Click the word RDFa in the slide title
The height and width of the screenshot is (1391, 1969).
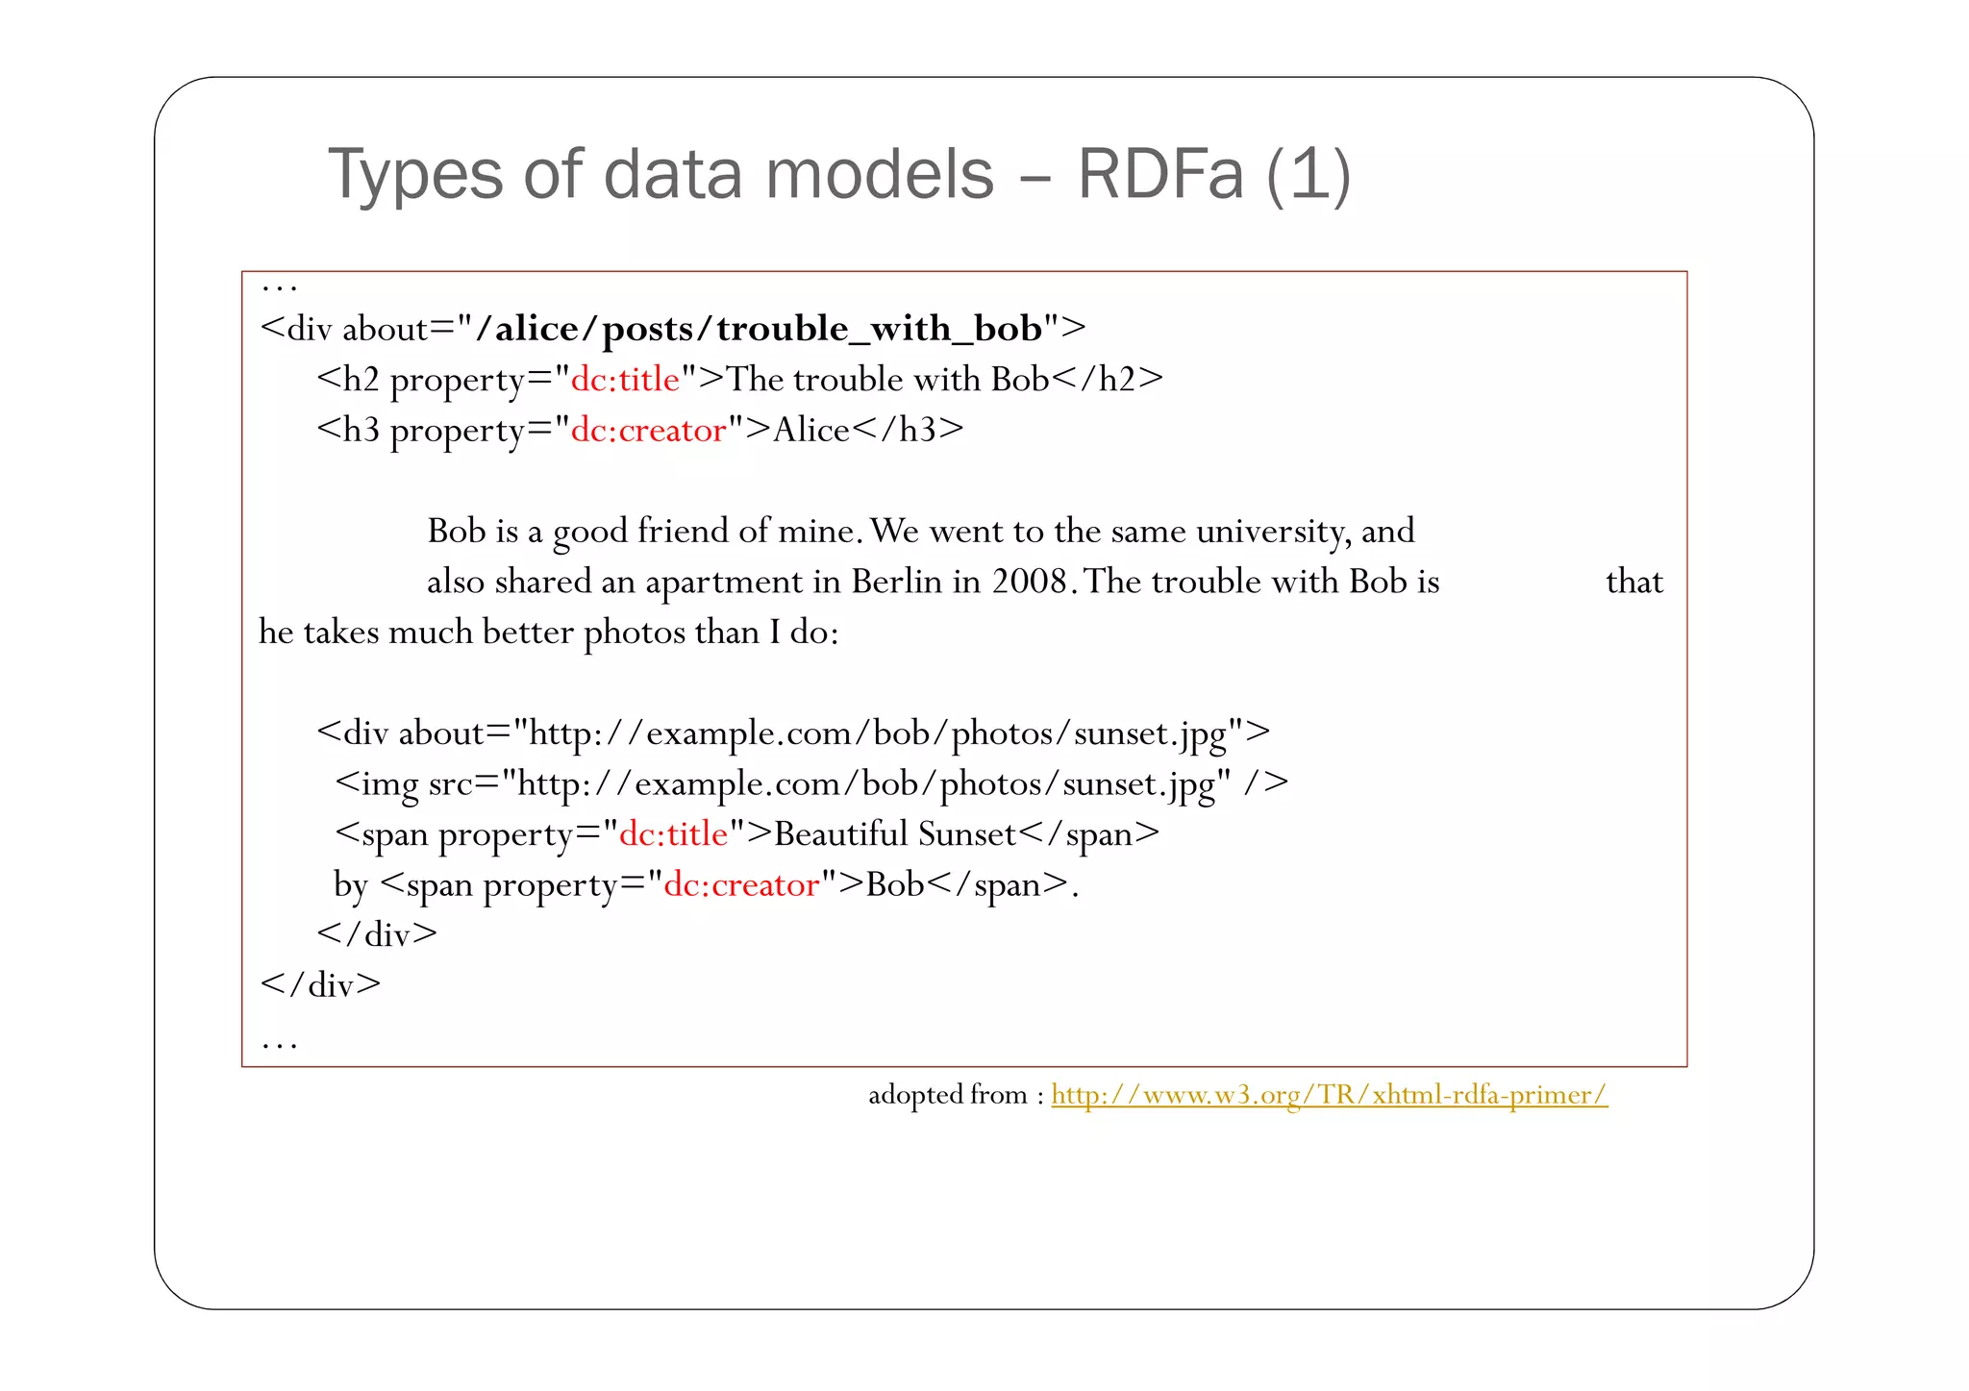click(x=1160, y=175)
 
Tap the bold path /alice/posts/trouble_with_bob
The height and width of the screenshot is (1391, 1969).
click(x=759, y=329)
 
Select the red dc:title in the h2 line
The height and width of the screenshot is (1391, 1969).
click(x=625, y=380)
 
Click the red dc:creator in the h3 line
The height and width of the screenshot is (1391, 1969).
click(x=648, y=430)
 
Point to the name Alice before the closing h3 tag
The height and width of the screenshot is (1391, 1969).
click(x=811, y=430)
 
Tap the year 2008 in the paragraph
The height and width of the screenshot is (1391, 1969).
click(x=1030, y=582)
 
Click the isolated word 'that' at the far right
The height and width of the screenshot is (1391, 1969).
click(x=1633, y=582)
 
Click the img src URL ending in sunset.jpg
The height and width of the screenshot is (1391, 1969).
click(x=873, y=784)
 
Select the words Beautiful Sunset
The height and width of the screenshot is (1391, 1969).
click(x=895, y=834)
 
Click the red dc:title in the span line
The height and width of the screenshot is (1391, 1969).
click(x=673, y=834)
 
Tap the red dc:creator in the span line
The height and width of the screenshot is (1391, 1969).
click(x=741, y=884)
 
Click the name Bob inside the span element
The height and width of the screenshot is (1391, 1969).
click(x=894, y=884)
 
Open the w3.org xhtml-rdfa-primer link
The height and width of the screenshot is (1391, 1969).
click(x=1329, y=1095)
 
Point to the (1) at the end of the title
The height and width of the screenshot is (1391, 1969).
click(x=1309, y=175)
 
